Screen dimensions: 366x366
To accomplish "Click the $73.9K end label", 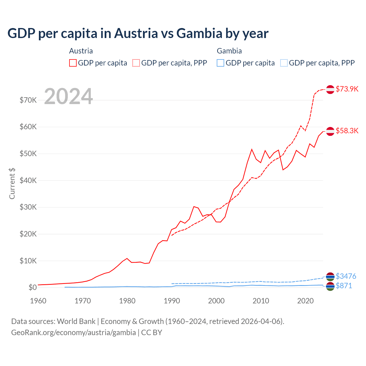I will click(347, 89).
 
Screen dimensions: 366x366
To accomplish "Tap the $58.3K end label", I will click(347, 131).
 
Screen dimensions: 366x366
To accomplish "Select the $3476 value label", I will click(346, 276).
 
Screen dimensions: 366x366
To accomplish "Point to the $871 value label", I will click(344, 286).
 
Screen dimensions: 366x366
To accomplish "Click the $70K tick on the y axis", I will click(28, 100).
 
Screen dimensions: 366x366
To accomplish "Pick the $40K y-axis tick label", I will click(28, 180).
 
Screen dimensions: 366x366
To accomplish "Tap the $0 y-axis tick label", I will click(33, 287).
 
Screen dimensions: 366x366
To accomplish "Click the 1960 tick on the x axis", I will click(38, 301).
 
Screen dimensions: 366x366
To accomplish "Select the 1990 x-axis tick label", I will click(172, 301).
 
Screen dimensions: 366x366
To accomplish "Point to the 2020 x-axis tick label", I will click(305, 301).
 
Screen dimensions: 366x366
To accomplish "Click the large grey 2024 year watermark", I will click(68, 96).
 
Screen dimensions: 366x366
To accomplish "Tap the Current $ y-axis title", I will click(12, 184).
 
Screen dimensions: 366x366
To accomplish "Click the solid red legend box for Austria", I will click(73, 63).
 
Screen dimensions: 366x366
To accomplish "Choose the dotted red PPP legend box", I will click(136, 63).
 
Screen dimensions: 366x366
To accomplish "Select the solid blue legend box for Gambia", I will click(220, 63).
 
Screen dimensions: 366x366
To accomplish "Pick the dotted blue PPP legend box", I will click(284, 63).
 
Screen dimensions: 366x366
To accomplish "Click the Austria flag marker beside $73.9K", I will click(330, 89).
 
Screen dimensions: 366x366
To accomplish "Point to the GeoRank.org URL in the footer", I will click(73, 333).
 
